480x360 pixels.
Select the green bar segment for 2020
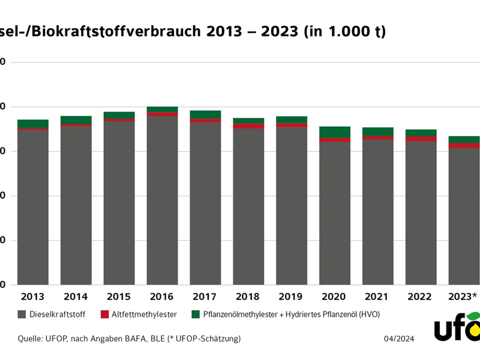(335, 132)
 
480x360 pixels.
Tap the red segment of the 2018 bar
(248, 126)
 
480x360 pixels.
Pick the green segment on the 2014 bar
(76, 120)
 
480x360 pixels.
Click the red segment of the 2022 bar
(421, 139)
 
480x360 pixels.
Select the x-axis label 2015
(119, 296)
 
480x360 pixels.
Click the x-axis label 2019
(292, 296)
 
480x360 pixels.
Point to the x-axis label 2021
(378, 296)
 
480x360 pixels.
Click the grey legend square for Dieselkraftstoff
(22, 314)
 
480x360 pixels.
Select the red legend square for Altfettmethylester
(104, 314)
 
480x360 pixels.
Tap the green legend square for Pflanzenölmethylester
(195, 314)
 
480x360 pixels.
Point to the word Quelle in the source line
(30, 339)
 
